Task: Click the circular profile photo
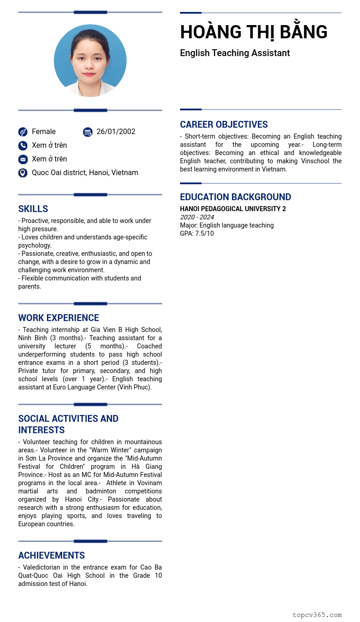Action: click(x=90, y=61)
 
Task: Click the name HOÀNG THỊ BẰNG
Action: click(x=253, y=32)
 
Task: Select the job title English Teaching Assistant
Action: click(x=235, y=53)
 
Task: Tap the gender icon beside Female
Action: click(x=23, y=132)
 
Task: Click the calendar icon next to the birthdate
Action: click(x=87, y=132)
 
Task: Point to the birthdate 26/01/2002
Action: click(x=116, y=132)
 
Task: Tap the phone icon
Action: click(x=23, y=145)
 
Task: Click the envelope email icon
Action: click(x=23, y=159)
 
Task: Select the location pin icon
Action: click(x=23, y=173)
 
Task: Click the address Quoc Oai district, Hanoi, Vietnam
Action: click(x=85, y=173)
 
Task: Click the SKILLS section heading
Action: click(x=33, y=209)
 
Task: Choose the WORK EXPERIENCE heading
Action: click(x=58, y=318)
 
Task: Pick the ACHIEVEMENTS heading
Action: click(x=51, y=555)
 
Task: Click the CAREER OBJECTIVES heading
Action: click(x=224, y=124)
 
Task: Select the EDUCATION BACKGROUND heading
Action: click(x=235, y=197)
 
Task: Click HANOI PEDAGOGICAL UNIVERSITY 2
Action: click(x=233, y=209)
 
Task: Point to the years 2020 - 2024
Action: click(x=197, y=217)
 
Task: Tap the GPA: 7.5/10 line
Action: click(x=197, y=233)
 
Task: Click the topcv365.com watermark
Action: click(x=317, y=615)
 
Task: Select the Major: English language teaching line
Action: click(x=227, y=225)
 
